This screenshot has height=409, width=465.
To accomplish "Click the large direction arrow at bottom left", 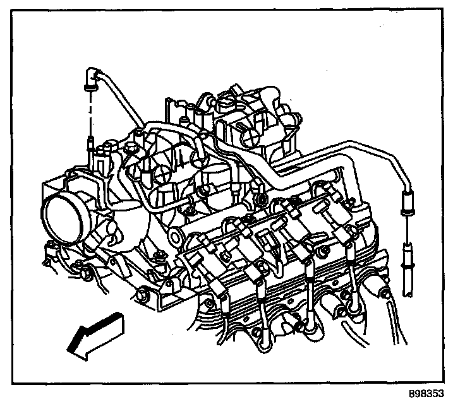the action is [x=95, y=338].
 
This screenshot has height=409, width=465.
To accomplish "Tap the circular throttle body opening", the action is [x=64, y=218].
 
